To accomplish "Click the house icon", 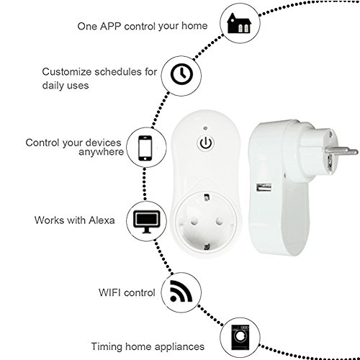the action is (239, 23).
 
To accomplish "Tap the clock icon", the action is (181, 74).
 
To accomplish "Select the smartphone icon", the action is (145, 148).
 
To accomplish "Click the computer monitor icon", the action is (147, 222).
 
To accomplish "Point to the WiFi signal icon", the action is (181, 291).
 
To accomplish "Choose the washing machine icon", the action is (240, 338).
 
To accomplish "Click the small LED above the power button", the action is (205, 128).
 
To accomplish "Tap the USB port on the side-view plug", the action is (264, 187).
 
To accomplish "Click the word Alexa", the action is (102, 220).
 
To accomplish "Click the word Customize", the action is (66, 72).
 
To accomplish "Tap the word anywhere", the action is (102, 152).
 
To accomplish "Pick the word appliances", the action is (179, 347).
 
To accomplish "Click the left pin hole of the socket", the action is (194, 220).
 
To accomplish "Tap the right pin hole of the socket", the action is (219, 220).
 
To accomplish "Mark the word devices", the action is (104, 143).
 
